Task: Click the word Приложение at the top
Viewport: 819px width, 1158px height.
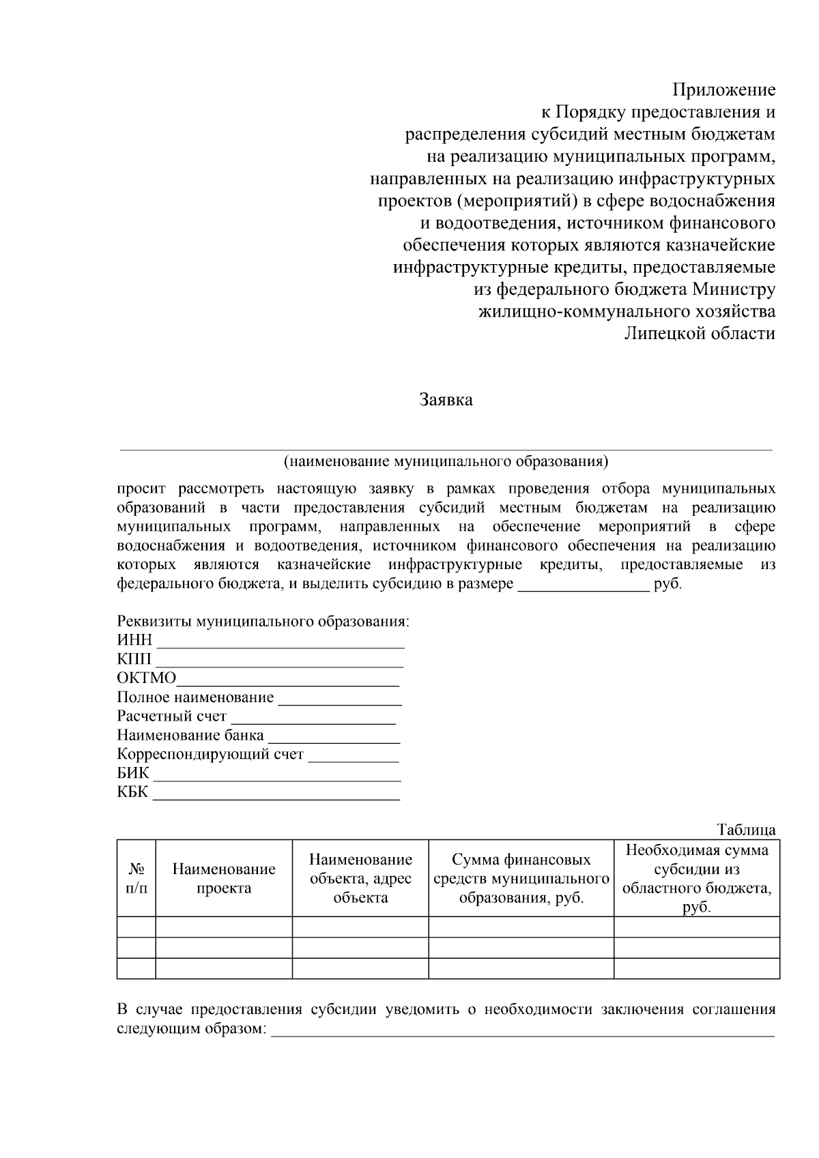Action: point(724,90)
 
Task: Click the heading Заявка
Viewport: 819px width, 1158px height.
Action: point(446,400)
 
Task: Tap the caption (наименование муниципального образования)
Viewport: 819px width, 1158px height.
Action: point(446,461)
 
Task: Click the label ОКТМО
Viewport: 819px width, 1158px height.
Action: point(146,678)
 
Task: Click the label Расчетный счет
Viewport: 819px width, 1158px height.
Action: point(171,717)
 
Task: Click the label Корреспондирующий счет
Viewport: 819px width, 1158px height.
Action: point(210,755)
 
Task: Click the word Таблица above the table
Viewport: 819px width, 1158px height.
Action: point(746,830)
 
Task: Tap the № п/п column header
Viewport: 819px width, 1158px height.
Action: point(136,879)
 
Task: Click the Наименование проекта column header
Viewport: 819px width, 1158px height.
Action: point(224,879)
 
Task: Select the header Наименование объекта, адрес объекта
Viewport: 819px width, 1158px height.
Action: point(360,879)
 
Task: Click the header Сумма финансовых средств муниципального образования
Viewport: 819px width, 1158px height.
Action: point(521,879)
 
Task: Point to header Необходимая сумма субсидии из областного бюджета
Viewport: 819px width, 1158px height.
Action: point(697,879)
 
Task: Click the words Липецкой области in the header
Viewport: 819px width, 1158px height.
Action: point(700,334)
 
